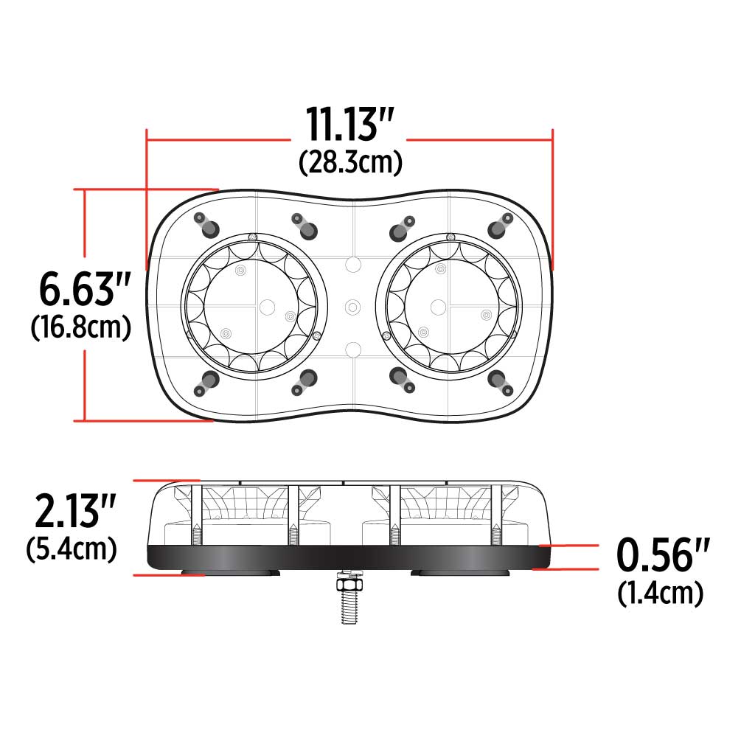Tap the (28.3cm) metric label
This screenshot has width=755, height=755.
(350, 162)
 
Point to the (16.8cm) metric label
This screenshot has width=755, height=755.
(81, 327)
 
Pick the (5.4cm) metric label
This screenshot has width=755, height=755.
(71, 549)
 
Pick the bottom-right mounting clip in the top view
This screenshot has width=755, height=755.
(501, 380)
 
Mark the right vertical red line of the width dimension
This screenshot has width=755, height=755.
(552, 199)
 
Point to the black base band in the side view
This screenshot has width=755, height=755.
(347, 557)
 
